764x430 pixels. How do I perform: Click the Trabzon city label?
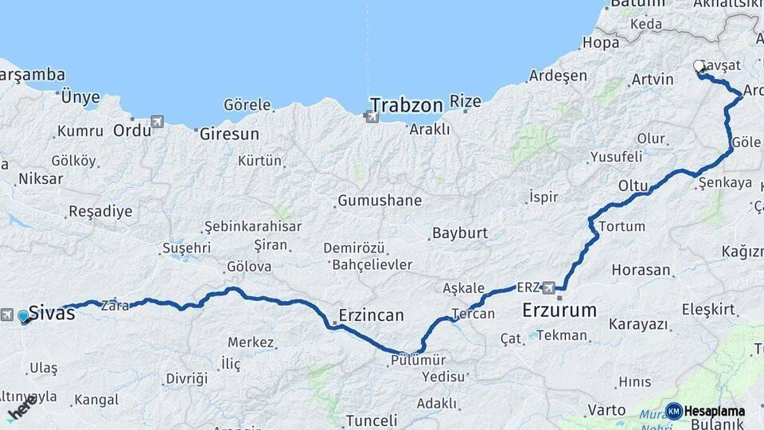[406, 105]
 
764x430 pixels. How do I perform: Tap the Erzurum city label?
[559, 310]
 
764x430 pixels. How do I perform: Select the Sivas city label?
[52, 312]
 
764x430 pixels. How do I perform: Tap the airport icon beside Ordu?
[157, 122]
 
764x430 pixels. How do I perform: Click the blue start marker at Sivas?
[24, 316]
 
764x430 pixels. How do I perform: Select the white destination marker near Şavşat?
[700, 66]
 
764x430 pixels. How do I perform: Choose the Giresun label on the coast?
[229, 133]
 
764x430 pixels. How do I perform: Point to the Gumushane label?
[380, 201]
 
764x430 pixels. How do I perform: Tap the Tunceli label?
[371, 420]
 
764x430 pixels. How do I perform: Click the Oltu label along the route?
[633, 186]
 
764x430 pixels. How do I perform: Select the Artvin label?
[652, 80]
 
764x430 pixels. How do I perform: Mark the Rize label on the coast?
[466, 101]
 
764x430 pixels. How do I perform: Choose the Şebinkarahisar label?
[253, 226]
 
